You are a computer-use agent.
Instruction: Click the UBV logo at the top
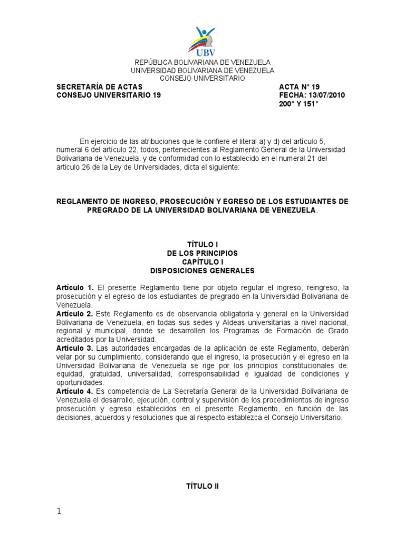click(x=202, y=41)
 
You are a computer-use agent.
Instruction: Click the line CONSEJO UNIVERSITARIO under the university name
click(x=202, y=78)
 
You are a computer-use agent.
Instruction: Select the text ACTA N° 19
click(x=299, y=86)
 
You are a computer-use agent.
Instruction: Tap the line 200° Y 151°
click(x=298, y=104)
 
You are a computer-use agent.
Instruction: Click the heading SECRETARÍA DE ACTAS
click(x=99, y=86)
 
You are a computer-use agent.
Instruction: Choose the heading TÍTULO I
click(x=202, y=244)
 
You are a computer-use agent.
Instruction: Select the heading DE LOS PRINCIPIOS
click(x=202, y=253)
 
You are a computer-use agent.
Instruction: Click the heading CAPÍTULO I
click(x=202, y=262)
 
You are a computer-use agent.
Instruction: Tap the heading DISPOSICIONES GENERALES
click(x=202, y=271)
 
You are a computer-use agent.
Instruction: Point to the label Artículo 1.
click(x=75, y=287)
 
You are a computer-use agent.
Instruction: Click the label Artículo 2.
click(x=75, y=314)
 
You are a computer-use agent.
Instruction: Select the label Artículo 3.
click(x=75, y=349)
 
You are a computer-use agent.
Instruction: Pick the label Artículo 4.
click(x=75, y=391)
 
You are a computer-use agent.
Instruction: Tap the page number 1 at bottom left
click(x=59, y=512)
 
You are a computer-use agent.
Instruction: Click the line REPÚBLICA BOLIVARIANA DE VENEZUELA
click(x=202, y=62)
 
